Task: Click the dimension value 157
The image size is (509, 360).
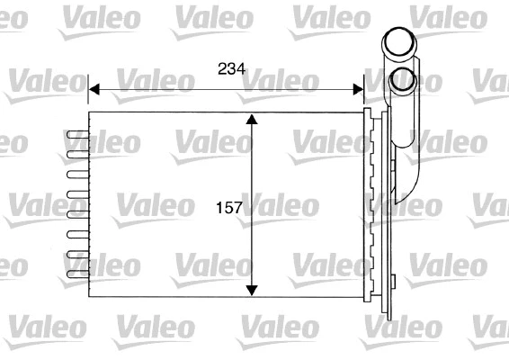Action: point(229,208)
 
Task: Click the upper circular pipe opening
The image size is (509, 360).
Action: point(398,42)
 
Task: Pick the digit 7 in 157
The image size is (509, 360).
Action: point(239,208)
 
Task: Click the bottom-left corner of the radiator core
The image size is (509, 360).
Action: point(88,297)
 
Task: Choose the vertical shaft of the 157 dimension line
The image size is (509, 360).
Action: point(253,162)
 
